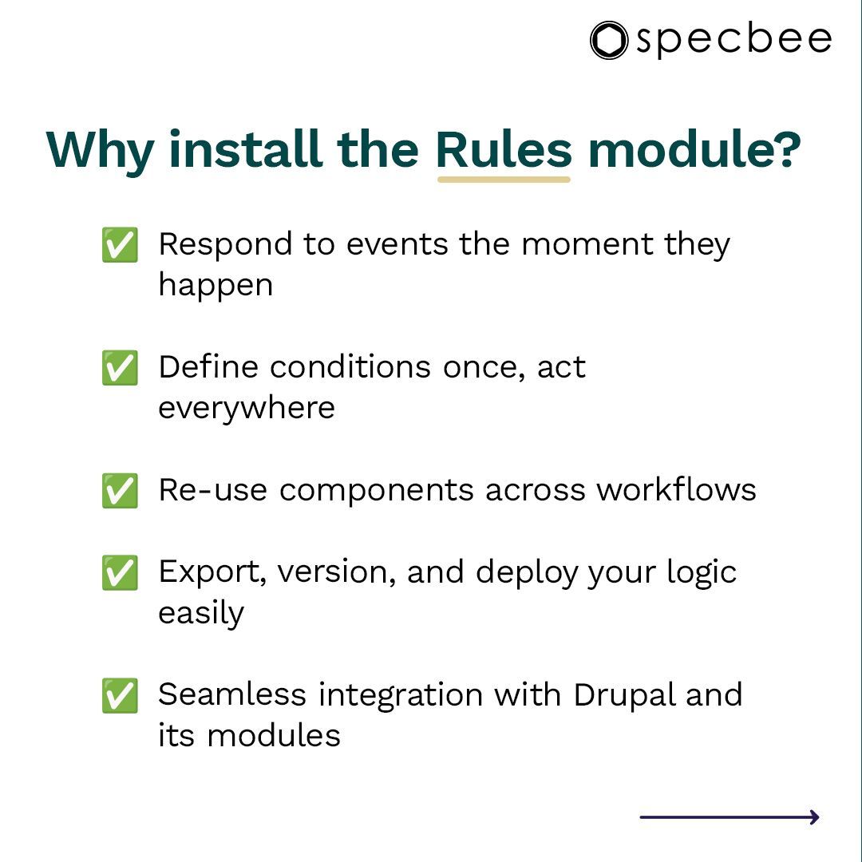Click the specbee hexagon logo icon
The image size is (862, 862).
click(609, 40)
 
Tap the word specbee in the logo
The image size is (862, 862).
click(733, 41)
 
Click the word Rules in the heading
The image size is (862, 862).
click(504, 149)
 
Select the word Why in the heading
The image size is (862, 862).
click(100, 151)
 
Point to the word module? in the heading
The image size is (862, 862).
click(694, 149)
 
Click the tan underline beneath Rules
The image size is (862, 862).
click(504, 179)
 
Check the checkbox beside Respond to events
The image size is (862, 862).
click(120, 244)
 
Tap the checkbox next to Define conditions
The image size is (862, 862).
click(120, 367)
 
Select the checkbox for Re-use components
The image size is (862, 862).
click(120, 490)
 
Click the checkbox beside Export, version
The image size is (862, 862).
click(120, 572)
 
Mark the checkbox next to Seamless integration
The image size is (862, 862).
click(120, 695)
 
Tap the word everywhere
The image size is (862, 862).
click(246, 408)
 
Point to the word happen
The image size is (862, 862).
click(215, 286)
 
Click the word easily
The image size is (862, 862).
click(200, 614)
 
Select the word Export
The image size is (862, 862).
click(209, 572)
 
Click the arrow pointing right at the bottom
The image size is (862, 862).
click(730, 817)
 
